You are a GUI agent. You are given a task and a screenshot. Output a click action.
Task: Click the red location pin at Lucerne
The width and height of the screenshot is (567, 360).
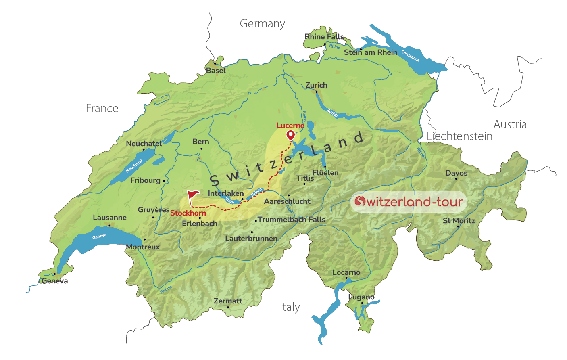pyautogui.click(x=290, y=135)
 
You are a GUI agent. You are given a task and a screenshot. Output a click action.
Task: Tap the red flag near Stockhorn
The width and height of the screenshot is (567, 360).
pyautogui.click(x=193, y=196)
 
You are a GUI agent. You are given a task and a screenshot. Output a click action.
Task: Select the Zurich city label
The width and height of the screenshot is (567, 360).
pyautogui.click(x=316, y=85)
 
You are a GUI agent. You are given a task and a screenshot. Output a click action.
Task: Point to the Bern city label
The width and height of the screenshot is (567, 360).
pyautogui.click(x=200, y=142)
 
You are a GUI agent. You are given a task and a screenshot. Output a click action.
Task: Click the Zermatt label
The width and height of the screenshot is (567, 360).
pyautogui.click(x=228, y=301)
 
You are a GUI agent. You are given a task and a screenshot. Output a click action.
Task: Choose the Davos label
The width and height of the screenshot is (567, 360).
pyautogui.click(x=456, y=173)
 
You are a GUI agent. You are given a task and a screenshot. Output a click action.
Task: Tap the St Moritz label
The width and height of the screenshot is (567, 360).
pyautogui.click(x=459, y=221)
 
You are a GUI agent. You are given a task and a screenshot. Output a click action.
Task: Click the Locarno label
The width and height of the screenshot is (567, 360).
pyautogui.click(x=346, y=272)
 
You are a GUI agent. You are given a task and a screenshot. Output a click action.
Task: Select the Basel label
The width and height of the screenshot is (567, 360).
pyautogui.click(x=216, y=71)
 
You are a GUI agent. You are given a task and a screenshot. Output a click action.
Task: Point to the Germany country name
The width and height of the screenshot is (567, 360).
pyautogui.click(x=262, y=24)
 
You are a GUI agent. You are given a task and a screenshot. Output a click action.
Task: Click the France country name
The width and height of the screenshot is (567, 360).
pyautogui.click(x=102, y=108)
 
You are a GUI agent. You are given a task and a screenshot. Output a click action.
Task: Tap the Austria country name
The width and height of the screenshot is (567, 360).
pyautogui.click(x=510, y=124)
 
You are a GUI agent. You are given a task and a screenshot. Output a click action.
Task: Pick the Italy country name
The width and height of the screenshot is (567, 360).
pyautogui.click(x=290, y=307)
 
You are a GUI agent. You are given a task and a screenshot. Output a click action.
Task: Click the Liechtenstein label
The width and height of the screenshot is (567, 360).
pyautogui.click(x=459, y=136)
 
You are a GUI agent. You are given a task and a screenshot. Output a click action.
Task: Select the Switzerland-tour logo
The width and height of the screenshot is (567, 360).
pyautogui.click(x=409, y=201)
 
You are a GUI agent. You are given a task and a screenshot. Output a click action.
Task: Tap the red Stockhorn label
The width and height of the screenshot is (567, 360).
pyautogui.click(x=188, y=213)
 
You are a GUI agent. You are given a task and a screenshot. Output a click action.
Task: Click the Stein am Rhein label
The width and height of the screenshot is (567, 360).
pyautogui.click(x=370, y=52)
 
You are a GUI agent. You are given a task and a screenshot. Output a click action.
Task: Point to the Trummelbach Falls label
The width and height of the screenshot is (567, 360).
pyautogui.click(x=291, y=220)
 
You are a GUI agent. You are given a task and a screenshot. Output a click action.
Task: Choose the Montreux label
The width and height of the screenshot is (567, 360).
pyautogui.click(x=143, y=247)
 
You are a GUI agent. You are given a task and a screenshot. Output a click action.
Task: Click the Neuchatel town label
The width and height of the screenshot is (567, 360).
pyautogui.click(x=144, y=144)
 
